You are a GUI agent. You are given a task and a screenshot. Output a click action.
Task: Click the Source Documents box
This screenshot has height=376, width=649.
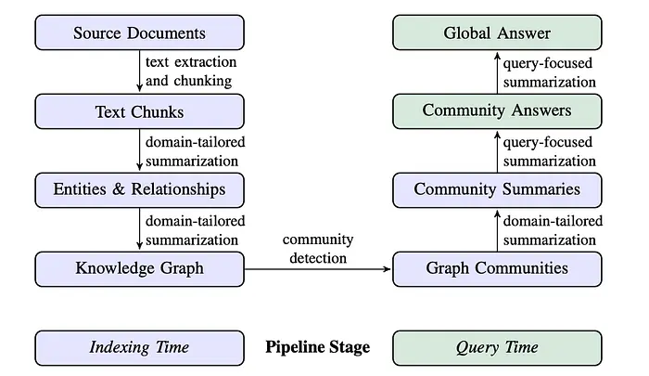point(139,32)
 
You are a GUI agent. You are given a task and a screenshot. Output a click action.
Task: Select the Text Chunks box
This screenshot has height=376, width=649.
point(139,111)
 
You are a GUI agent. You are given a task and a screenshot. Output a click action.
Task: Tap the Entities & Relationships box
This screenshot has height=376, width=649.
point(139,190)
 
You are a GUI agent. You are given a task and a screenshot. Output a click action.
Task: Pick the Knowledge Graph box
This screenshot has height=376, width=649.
point(139,269)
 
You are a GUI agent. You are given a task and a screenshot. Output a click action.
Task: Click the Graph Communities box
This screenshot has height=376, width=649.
point(497,269)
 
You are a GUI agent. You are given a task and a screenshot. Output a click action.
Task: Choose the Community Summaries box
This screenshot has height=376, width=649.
point(497,190)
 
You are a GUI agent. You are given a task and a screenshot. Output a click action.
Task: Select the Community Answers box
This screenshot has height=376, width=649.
point(497,111)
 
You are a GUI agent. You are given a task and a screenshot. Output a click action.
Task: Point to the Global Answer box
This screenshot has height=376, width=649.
point(497,32)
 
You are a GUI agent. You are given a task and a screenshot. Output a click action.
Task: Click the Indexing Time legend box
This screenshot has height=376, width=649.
point(139,348)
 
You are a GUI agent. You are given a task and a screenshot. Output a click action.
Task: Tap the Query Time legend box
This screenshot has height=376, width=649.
point(497,348)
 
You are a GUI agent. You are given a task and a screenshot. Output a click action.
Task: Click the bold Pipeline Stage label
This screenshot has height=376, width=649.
point(318,347)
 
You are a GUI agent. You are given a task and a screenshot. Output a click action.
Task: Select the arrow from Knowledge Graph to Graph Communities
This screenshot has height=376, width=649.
point(318,269)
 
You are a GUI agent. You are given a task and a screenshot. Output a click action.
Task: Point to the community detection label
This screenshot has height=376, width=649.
point(318,249)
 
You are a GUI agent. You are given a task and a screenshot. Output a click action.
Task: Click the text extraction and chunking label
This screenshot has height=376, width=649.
point(191,71)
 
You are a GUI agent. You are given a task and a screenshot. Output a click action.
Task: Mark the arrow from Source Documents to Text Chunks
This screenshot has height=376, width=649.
point(139,71)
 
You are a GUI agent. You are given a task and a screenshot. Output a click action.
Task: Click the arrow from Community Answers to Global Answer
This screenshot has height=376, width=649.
point(497,72)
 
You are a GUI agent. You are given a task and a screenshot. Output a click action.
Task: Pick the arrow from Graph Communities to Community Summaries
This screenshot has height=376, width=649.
point(497,230)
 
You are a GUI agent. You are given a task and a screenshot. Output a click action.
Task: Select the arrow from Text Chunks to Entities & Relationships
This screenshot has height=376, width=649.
point(139,150)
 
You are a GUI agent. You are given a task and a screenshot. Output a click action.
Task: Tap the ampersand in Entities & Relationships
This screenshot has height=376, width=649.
point(119,189)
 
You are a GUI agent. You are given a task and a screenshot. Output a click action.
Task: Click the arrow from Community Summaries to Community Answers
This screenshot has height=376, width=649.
point(497,151)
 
